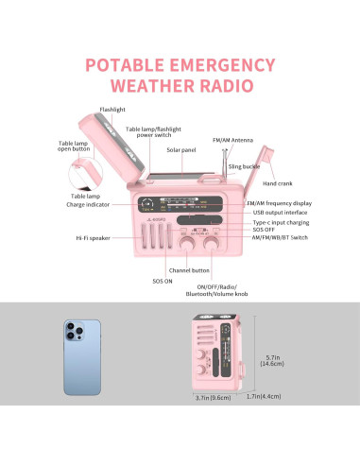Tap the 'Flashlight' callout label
tap(112, 111)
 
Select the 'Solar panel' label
tap(181, 149)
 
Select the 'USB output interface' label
tap(278, 213)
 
